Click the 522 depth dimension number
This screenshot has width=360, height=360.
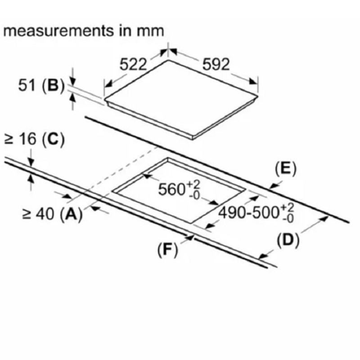pyautogui.click(x=133, y=64)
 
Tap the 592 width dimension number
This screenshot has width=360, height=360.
pyautogui.click(x=216, y=64)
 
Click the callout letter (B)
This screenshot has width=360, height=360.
pyautogui.click(x=53, y=85)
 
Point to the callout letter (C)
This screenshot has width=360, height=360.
pyautogui.click(x=53, y=139)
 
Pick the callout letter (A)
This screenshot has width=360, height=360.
pyautogui.click(x=70, y=215)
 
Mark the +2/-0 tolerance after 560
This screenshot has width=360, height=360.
pyautogui.click(x=194, y=189)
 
